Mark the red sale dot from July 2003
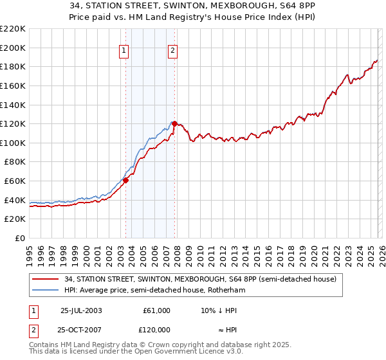tap(126, 180)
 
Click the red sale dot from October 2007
tap(174, 123)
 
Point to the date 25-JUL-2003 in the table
tap(81, 310)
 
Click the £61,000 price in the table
tap(156, 310)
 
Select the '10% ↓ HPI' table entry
tap(219, 310)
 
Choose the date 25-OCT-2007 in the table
tap(81, 329)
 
